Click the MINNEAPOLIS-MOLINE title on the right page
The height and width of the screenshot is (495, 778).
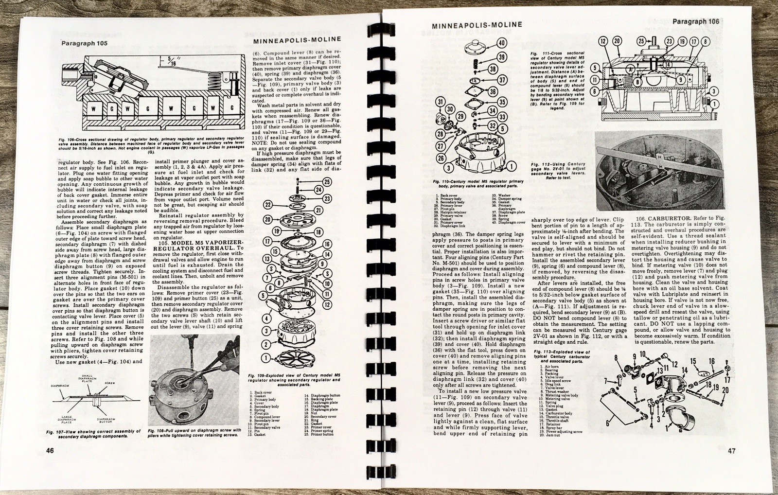click(477, 25)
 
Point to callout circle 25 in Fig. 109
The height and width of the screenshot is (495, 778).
click(327, 182)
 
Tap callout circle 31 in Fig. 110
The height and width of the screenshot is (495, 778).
click(440, 102)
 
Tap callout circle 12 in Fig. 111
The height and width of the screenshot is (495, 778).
click(603, 42)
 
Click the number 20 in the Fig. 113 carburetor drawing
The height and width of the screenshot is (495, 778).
click(739, 390)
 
